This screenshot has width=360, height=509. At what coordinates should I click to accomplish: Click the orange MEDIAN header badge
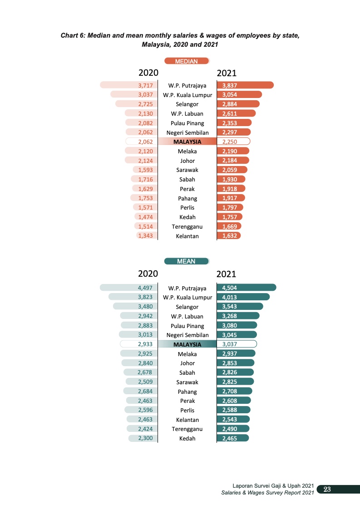(x=187, y=61)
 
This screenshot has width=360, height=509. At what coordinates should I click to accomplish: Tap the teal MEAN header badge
(x=186, y=261)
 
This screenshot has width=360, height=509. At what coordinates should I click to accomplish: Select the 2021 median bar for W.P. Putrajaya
(x=245, y=85)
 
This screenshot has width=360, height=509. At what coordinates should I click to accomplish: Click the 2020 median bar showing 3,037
(x=134, y=94)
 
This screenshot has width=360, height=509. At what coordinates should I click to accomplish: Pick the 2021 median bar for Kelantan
(x=229, y=236)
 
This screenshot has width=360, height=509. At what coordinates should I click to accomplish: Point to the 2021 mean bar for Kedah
(x=233, y=438)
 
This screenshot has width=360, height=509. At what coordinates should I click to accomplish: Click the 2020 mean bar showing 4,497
(x=128, y=288)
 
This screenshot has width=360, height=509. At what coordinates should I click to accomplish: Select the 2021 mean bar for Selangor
(x=240, y=307)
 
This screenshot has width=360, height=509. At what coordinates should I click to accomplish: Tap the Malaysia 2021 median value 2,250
(x=234, y=142)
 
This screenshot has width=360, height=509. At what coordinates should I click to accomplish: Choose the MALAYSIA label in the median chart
(x=187, y=142)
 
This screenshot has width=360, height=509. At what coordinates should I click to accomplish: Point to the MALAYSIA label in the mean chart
(x=187, y=344)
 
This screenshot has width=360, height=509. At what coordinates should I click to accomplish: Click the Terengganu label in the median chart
(x=187, y=226)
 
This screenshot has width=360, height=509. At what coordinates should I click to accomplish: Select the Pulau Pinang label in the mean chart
(x=187, y=326)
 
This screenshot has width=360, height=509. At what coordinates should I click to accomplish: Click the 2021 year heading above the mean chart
(x=227, y=274)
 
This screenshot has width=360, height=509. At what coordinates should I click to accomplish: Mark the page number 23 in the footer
(x=326, y=489)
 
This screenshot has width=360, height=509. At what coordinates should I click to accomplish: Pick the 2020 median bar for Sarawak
(x=145, y=170)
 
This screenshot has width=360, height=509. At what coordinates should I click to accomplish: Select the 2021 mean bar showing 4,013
(x=243, y=297)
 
